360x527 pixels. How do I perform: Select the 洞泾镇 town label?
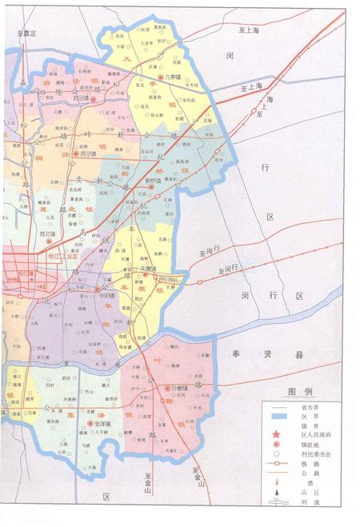pyautogui.click(x=86, y=154)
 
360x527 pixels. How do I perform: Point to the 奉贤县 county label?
pyautogui.click(x=249, y=353)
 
